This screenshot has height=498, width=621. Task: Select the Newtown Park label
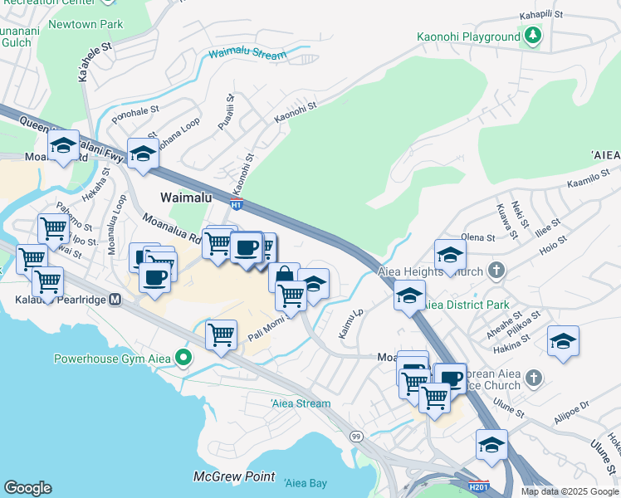(86, 24)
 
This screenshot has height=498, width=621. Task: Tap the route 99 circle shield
(356, 436)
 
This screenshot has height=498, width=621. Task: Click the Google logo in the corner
(27, 488)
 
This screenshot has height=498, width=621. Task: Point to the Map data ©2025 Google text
(570, 491)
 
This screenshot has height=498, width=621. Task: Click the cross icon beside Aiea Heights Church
(496, 270)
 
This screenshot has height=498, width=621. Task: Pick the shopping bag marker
(284, 276)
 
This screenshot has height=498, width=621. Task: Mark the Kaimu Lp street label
(352, 325)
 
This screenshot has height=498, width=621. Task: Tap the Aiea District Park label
(467, 305)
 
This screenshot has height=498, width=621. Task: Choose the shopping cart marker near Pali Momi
(222, 335)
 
